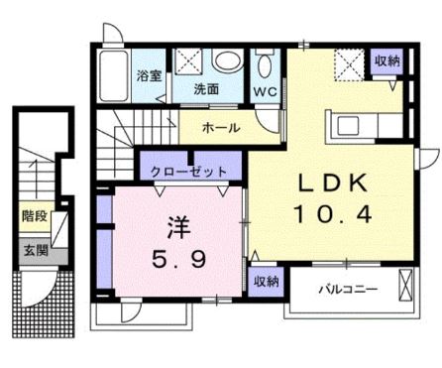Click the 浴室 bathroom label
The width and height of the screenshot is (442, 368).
tap(149, 75)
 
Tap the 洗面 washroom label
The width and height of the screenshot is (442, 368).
tap(207, 87)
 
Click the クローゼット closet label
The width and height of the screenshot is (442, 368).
tap(189, 172)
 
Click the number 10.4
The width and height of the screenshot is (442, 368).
tap(334, 212)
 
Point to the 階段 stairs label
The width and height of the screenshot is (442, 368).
tap(34, 214)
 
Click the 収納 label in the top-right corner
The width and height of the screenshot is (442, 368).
tap(387, 61)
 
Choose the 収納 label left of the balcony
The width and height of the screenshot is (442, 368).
tap(265, 282)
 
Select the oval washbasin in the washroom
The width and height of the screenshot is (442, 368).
tap(226, 62)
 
